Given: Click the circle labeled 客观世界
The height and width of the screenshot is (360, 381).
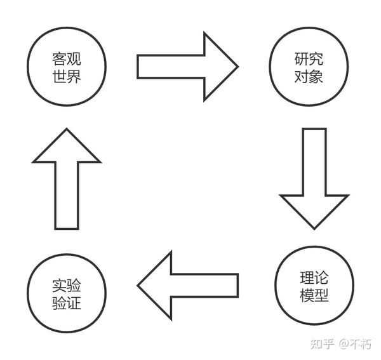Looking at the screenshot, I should (67, 67).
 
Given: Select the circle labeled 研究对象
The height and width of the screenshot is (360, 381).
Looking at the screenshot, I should (309, 67).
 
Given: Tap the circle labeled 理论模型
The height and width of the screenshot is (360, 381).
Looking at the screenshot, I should (314, 286).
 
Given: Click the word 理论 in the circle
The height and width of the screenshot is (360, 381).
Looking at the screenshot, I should (314, 279).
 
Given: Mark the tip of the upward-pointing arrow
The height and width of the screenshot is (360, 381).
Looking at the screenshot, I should (66, 130).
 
